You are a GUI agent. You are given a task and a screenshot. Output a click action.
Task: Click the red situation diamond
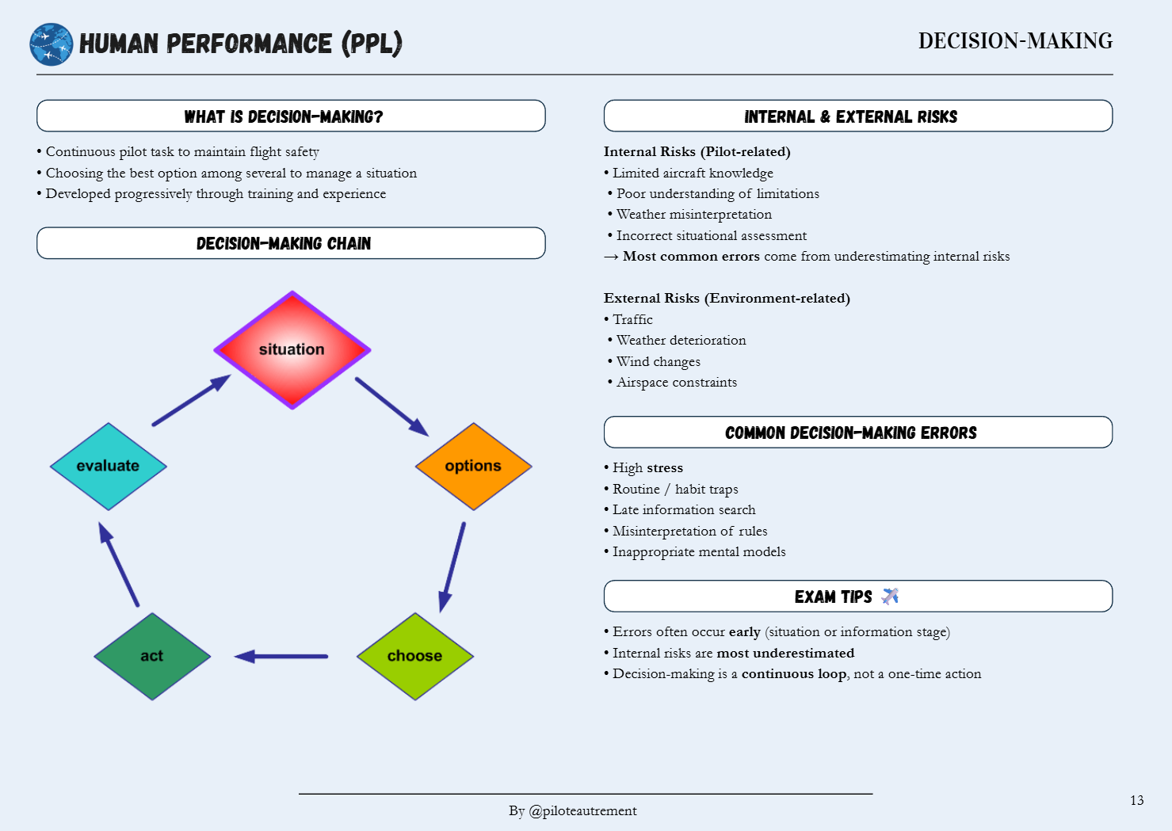[292, 349]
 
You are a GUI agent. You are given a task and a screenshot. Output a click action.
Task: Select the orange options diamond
[473, 466]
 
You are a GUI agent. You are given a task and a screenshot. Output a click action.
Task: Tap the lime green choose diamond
[414, 656]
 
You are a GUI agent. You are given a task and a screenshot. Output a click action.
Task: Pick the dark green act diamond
[152, 656]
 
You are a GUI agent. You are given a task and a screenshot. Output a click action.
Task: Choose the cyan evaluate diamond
[108, 466]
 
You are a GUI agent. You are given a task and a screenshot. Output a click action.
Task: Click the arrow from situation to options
[391, 406]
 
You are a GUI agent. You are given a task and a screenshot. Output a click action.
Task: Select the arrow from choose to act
[281, 656]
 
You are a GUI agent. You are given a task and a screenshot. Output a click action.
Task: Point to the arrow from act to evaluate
[119, 564]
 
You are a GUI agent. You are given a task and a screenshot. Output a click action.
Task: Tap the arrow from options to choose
[452, 566]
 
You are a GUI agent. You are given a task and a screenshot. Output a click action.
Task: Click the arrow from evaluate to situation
[191, 400]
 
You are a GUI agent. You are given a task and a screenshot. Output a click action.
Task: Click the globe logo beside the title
[52, 44]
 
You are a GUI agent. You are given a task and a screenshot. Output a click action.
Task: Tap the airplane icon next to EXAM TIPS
[890, 597]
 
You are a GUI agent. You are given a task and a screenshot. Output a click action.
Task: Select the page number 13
[1136, 800]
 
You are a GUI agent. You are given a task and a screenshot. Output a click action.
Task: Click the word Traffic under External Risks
[632, 319]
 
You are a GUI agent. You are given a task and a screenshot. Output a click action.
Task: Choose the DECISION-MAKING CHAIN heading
[284, 243]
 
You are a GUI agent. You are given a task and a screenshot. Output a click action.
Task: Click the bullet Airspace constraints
[677, 383]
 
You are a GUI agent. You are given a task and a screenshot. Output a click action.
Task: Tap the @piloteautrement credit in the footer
[582, 810]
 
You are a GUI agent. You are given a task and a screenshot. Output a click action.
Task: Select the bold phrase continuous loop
[793, 674]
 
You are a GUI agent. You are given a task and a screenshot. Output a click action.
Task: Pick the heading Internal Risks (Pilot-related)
[697, 151]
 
